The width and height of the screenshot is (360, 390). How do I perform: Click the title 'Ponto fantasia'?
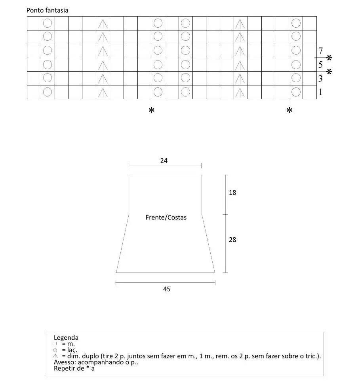(x=47, y=10)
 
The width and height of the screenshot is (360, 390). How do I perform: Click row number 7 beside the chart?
(x=320, y=51)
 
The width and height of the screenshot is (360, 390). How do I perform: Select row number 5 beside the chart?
(x=320, y=65)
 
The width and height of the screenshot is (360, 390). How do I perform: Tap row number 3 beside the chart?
(x=320, y=78)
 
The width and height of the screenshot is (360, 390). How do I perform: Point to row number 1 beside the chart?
(x=320, y=92)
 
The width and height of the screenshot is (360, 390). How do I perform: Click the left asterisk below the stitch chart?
(x=151, y=111)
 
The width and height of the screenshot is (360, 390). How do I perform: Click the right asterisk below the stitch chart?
(x=290, y=111)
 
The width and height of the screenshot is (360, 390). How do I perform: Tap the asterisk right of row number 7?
(x=329, y=59)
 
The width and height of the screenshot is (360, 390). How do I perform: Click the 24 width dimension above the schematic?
(x=164, y=160)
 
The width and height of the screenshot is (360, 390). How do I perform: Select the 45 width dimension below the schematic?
(x=167, y=289)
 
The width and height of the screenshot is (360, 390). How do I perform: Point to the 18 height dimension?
(x=232, y=193)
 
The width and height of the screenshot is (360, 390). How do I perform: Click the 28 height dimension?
(x=232, y=240)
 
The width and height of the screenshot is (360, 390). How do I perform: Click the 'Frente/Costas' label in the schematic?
(x=166, y=218)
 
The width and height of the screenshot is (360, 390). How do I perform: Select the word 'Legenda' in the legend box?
(x=66, y=338)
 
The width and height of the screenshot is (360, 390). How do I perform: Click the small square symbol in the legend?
(x=55, y=344)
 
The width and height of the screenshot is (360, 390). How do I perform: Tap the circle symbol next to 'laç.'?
(x=55, y=350)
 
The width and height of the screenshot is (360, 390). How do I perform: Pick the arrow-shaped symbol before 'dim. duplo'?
(x=55, y=356)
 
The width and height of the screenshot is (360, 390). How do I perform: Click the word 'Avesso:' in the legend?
(x=65, y=362)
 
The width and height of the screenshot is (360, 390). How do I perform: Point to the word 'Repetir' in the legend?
(x=64, y=369)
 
